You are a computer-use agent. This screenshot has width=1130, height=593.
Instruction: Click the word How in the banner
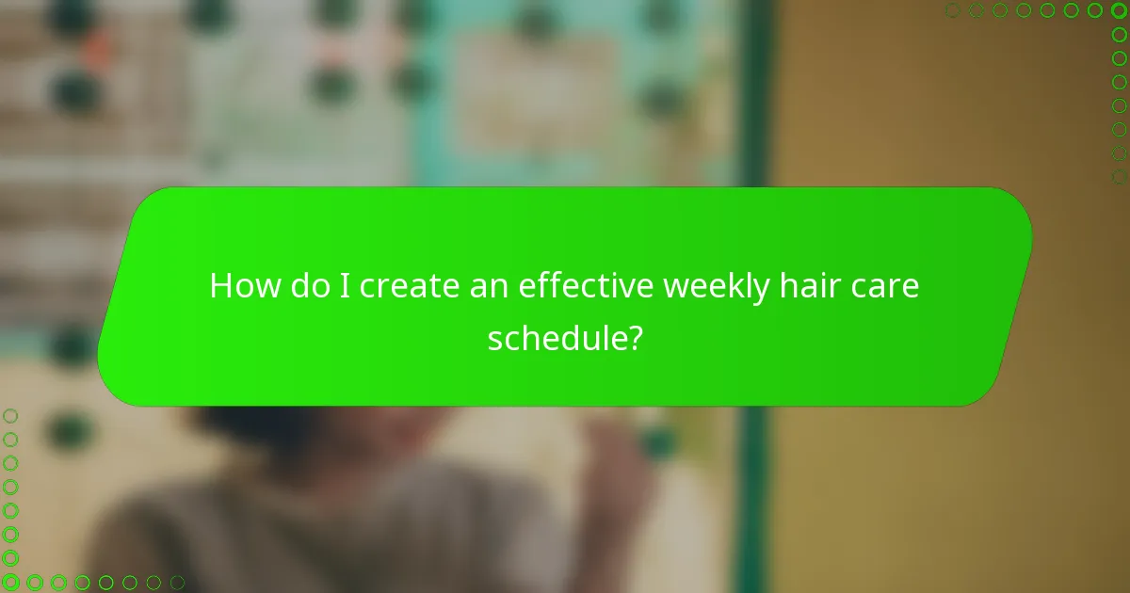pyautogui.click(x=243, y=286)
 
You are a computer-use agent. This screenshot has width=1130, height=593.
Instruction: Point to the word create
pyautogui.click(x=411, y=286)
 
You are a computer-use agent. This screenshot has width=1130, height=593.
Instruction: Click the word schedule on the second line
pyautogui.click(x=556, y=336)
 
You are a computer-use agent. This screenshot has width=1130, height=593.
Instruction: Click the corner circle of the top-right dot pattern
pyautogui.click(x=1119, y=10)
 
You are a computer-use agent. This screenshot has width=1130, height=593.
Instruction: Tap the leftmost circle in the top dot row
pyautogui.click(x=953, y=10)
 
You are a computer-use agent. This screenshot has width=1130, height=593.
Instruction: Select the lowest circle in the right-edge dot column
pyautogui.click(x=1119, y=176)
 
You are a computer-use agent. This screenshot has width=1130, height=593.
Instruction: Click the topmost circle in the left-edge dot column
pyautogui.click(x=10, y=415)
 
